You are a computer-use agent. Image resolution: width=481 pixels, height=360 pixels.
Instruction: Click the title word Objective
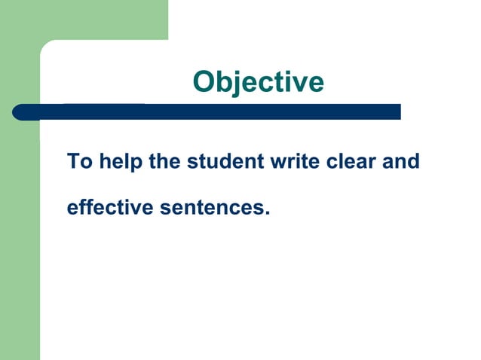tap(258, 82)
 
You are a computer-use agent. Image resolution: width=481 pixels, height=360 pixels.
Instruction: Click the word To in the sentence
tap(78, 161)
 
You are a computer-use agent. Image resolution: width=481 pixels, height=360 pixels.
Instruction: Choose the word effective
tap(109, 206)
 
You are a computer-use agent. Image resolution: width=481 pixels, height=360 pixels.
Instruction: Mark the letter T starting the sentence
tap(72, 161)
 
